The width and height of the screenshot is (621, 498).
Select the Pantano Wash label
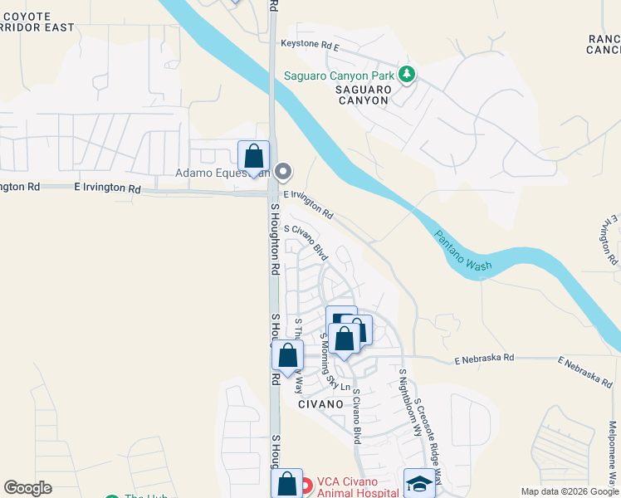pos(462,250)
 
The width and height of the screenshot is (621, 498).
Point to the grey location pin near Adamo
pos(283,173)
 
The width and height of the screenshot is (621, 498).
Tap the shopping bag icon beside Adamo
pos(253,156)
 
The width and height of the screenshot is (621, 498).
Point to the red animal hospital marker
pos(306,486)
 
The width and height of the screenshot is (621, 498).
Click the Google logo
pos(27,488)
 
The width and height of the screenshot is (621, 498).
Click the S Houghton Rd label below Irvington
pos(273,240)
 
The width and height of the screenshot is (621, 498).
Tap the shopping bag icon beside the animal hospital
pos(286,484)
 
